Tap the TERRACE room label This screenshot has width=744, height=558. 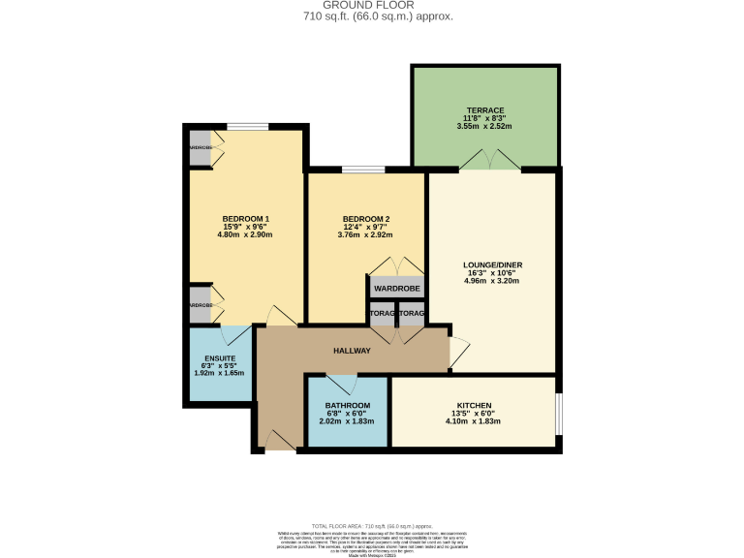pos(484,111)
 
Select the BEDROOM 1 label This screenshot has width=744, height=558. pos(245,218)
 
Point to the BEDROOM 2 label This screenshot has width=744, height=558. pos(365,218)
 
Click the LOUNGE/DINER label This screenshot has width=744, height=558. pos(492,263)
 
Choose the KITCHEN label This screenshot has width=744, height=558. pos(475,405)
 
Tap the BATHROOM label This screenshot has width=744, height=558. pos(347,405)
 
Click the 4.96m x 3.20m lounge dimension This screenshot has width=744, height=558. pos(492,281)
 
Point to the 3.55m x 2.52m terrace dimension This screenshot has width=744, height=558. pos(484,127)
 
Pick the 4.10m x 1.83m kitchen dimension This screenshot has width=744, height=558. pos(475,421)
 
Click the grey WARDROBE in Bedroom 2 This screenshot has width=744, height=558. pos(396,288)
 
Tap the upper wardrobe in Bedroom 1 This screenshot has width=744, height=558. pos(201,147)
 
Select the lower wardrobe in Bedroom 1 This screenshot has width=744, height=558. pos(201,305)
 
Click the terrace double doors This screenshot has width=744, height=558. pos(491,161)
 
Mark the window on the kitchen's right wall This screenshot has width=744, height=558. pos(558,414)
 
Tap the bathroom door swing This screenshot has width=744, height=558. pos(346,385)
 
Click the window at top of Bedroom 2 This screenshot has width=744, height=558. pos(363,171)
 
